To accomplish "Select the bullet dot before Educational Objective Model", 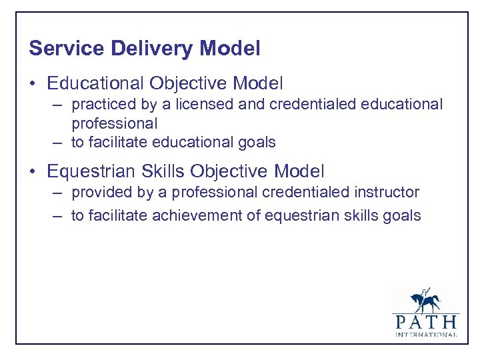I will click(x=34, y=84).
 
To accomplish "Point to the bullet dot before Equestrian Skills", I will click(x=34, y=172).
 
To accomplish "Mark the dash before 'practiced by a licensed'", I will click(x=59, y=105).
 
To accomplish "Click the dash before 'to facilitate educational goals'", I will click(x=59, y=143).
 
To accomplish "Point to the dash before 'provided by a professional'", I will click(x=59, y=193).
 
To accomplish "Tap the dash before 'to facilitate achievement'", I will click(x=59, y=216).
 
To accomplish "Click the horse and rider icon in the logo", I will click(x=425, y=299).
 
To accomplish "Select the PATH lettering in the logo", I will click(x=425, y=322).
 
